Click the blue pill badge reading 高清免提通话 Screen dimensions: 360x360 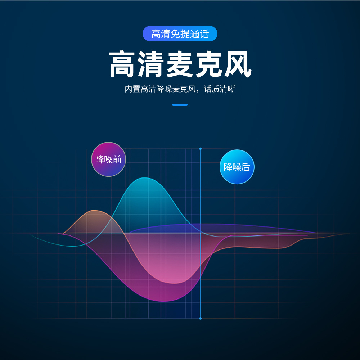[x=180, y=34]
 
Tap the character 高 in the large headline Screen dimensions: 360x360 [x=123, y=65]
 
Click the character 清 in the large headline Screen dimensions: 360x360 [x=151, y=65]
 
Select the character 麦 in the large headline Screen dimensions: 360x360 [x=180, y=65]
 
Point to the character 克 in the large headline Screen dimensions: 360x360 [x=208, y=65]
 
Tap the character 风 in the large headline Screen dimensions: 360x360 [x=237, y=65]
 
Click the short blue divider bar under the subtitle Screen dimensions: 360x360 [x=180, y=105]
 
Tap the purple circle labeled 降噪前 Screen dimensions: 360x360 [x=108, y=159]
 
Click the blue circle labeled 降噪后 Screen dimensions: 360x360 [x=237, y=167]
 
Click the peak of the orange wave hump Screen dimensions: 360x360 [x=94, y=210]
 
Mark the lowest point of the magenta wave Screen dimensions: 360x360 [x=164, y=301]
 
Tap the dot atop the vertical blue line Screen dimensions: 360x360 [x=201, y=149]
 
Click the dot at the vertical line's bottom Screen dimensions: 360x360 [x=201, y=318]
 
